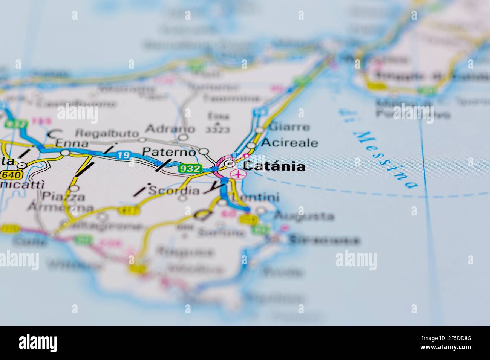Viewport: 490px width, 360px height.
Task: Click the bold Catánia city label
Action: (274, 166)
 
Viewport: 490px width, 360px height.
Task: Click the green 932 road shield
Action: (190, 169)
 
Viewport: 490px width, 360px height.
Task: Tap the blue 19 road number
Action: (123, 155)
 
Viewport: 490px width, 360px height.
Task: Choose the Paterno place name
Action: (169, 152)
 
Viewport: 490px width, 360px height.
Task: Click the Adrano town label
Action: (170, 129)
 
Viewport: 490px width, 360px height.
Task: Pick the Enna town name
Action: (72, 143)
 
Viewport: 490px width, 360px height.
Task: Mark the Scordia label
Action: (174, 191)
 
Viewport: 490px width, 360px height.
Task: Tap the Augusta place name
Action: (304, 216)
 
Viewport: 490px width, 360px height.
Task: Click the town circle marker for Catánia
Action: (229, 164)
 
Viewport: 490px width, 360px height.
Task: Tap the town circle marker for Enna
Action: (66, 153)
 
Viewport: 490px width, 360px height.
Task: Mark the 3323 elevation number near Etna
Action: (217, 130)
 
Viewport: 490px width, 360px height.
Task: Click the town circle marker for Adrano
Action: (183, 138)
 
